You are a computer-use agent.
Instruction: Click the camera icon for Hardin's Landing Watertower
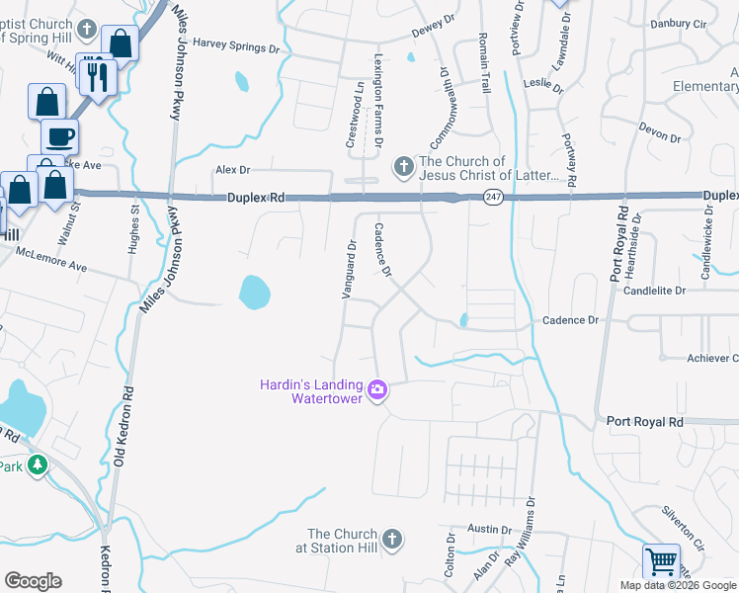coord(376,390)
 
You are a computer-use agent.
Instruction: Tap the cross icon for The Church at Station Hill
coord(392,539)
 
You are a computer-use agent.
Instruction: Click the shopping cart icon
coord(661,561)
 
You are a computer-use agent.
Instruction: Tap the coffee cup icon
coord(59,135)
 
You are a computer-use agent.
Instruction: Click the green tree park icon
coord(38,464)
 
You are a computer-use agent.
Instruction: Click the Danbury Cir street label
coord(678,23)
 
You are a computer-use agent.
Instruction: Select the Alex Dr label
coord(233,170)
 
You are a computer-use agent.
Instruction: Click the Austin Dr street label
coord(487,530)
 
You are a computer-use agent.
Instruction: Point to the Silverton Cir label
coord(683,529)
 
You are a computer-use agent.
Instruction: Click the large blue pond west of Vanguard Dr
coord(254,292)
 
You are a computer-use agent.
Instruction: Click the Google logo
coord(33,581)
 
